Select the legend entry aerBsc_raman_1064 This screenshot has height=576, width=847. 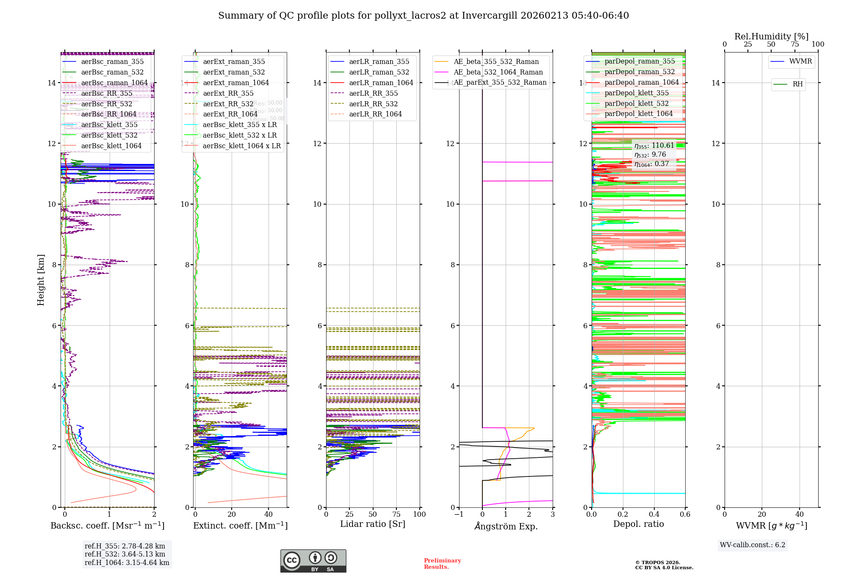click(114, 83)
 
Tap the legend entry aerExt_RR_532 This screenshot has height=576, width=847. click(228, 104)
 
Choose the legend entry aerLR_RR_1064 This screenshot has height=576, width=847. click(375, 114)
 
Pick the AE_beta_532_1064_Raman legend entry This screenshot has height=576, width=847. click(498, 72)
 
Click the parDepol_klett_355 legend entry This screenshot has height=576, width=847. click(637, 93)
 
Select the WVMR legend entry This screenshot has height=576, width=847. click(800, 61)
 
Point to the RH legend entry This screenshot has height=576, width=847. click(797, 84)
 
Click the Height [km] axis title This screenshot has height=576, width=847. click(41, 280)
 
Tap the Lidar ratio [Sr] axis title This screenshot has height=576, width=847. click(373, 524)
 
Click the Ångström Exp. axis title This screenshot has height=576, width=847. click(506, 526)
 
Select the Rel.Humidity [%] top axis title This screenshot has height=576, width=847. click(771, 36)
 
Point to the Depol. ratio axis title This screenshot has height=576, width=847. click(639, 524)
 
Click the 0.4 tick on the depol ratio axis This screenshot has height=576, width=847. click(654, 515)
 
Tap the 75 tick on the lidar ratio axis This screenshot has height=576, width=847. click(396, 515)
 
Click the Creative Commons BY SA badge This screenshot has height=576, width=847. click(313, 561)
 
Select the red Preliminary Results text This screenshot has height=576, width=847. click(442, 564)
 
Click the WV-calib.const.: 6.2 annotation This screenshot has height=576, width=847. click(753, 545)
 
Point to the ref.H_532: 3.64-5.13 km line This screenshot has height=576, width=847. click(125, 554)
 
